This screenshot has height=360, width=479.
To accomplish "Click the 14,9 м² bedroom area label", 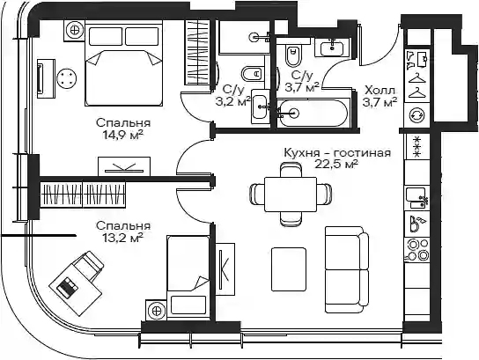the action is click(123, 134).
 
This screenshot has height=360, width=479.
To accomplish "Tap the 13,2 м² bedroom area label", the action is click(123, 237).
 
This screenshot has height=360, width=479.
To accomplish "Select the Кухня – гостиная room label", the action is click(337, 152).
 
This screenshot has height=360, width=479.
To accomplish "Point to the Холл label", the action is click(380, 90).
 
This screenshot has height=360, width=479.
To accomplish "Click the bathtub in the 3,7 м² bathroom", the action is click(314, 113).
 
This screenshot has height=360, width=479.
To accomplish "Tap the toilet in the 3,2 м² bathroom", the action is click(253, 74).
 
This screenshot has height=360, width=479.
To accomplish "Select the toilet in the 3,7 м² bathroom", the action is click(292, 55).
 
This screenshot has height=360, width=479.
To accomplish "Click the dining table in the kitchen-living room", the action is click(291, 195).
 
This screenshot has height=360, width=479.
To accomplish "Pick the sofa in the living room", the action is click(346, 269).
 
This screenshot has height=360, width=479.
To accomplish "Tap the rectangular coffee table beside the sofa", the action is click(289, 269).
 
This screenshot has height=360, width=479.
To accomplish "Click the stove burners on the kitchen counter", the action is click(417, 250).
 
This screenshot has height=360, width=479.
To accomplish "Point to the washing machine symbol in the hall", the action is click(417, 115).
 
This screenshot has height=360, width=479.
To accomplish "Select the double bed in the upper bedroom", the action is click(124, 66).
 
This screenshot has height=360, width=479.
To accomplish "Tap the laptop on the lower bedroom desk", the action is click(68, 287).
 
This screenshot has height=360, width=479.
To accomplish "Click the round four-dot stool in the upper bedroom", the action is click(66, 78).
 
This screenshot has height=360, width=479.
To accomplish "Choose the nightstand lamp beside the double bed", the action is click(74, 31).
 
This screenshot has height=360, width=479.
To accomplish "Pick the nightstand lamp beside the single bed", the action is click(157, 311).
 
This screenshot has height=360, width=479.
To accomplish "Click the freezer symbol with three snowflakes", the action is click(417, 147).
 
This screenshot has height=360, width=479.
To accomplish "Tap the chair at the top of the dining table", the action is click(291, 170).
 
